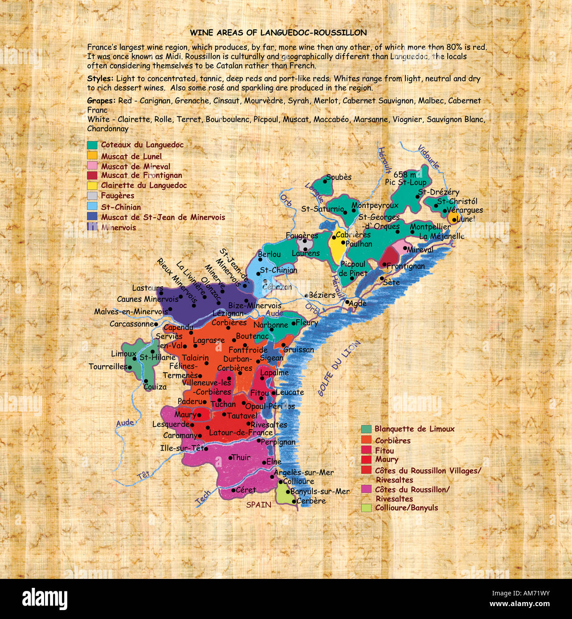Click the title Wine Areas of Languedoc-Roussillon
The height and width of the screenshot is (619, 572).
278,33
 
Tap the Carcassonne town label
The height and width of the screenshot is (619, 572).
131,324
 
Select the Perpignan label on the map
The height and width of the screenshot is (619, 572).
278,442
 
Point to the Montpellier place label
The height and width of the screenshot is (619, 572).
430,227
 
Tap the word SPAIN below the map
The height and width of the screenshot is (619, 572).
259,505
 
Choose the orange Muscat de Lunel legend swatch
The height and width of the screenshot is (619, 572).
92,156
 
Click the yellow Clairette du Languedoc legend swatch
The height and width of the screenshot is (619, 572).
92,185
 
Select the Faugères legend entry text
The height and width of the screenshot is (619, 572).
117,195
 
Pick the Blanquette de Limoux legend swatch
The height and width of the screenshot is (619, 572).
366,429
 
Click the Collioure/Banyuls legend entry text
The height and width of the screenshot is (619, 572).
406,508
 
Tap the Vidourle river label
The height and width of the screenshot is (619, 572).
429,157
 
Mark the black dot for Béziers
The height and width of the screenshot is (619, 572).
306,295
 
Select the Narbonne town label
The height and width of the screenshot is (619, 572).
270,325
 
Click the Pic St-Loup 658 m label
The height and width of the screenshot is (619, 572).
405,178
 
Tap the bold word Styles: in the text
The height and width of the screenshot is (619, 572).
100,79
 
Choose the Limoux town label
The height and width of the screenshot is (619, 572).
123,354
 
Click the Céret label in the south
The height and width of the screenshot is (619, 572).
246,490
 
